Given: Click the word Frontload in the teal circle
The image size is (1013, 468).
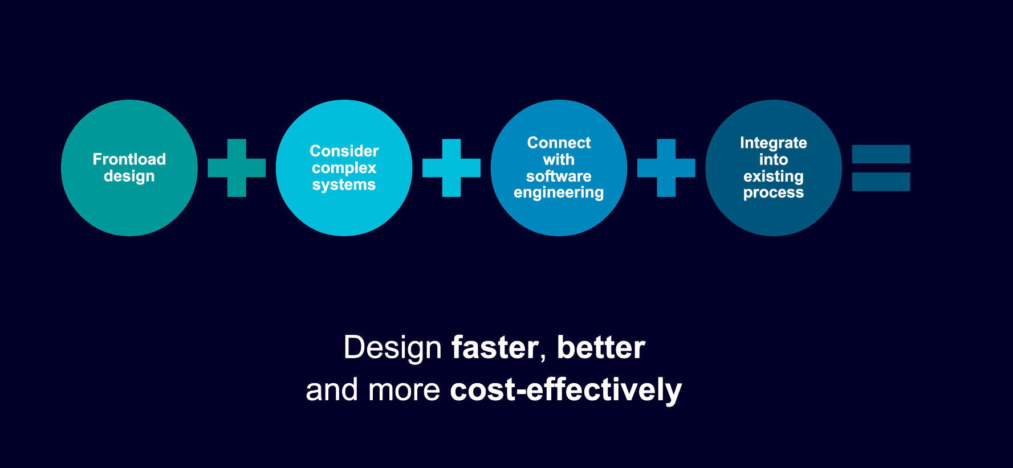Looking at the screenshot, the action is pos(129,159).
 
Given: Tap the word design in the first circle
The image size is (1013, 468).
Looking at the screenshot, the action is pos(129,176).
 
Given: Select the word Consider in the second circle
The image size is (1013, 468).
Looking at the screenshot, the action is pos(344,151).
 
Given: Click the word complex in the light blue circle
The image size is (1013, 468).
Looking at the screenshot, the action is pos(344,169).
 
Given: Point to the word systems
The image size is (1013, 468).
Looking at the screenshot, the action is pos(344,185).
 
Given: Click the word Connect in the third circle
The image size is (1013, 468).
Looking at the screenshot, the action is pos(559,142).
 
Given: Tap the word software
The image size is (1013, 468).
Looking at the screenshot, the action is pos(559,176).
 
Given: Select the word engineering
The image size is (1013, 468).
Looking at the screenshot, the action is pos(559,193).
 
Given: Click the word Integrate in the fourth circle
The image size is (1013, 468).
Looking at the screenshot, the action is pos(774,143).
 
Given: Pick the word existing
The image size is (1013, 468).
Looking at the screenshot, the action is pos(774,176).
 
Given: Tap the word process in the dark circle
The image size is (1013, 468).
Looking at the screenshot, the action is pos(774,193).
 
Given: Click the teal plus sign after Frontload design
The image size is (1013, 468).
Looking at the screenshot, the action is pos(237,168).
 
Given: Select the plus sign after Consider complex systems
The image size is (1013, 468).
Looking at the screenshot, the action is pos(451,168).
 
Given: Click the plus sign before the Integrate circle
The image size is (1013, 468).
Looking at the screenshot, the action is pos(666,168).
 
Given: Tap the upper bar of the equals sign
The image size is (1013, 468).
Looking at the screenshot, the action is pos(881,154).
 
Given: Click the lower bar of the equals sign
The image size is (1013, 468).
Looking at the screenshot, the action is pos(881,182).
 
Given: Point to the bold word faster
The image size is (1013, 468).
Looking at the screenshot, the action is pos(495,348).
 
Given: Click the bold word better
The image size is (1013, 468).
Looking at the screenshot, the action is pos(601,347).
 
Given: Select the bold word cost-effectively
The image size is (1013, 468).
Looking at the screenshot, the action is pos(566,391).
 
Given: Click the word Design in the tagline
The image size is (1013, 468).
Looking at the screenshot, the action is pos(393,348).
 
